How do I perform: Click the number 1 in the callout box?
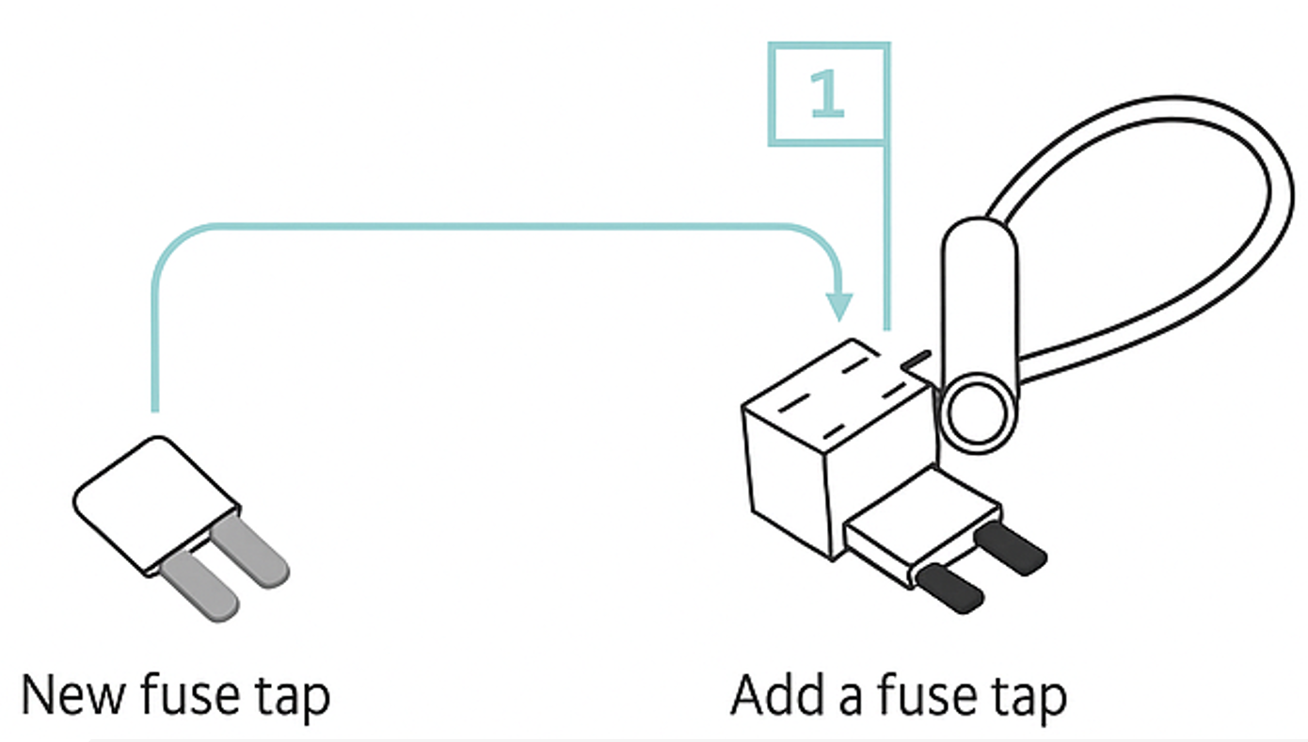[x=827, y=95]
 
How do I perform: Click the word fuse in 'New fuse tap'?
[x=192, y=696]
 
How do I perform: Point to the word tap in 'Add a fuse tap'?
[x=1026, y=696]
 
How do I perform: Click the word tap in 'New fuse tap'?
[x=293, y=696]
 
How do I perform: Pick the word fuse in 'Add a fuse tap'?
[x=922, y=696]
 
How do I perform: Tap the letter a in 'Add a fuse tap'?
[x=847, y=699]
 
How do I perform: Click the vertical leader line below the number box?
[x=885, y=235]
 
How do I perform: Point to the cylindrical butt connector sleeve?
[x=979, y=301]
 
